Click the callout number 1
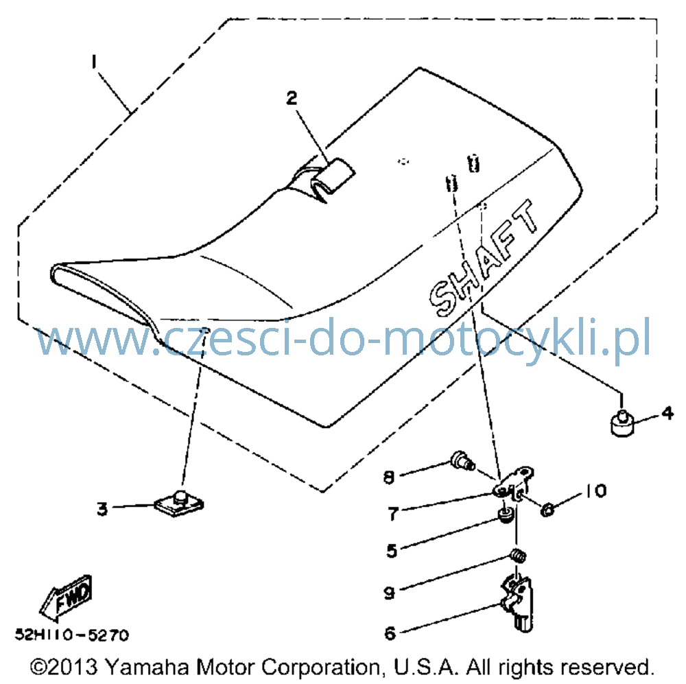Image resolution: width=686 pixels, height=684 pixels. pyautogui.click(x=93, y=62)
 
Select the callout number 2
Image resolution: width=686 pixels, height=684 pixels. pyautogui.click(x=292, y=98)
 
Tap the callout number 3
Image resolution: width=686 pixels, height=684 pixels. pyautogui.click(x=102, y=509)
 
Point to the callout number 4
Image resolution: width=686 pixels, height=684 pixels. pyautogui.click(x=667, y=413)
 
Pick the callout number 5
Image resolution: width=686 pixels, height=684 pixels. pyautogui.click(x=392, y=550)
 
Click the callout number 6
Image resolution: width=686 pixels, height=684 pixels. pyautogui.click(x=390, y=633)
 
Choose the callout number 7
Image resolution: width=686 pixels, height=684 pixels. pyautogui.click(x=393, y=514)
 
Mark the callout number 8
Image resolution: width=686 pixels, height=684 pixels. pyautogui.click(x=389, y=477)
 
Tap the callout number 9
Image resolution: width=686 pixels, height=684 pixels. pyautogui.click(x=390, y=593)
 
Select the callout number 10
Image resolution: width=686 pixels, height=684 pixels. pyautogui.click(x=595, y=491)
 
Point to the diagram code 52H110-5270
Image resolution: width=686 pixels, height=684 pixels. pyautogui.click(x=72, y=635)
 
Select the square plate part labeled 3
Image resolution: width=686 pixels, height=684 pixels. pyautogui.click(x=179, y=504)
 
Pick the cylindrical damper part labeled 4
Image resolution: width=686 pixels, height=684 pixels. pyautogui.click(x=622, y=423)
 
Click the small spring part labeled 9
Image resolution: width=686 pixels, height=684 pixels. pyautogui.click(x=519, y=556)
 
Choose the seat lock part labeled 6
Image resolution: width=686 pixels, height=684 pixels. pyautogui.click(x=517, y=603)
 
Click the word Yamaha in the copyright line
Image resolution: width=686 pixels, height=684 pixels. pyautogui.click(x=147, y=667)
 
